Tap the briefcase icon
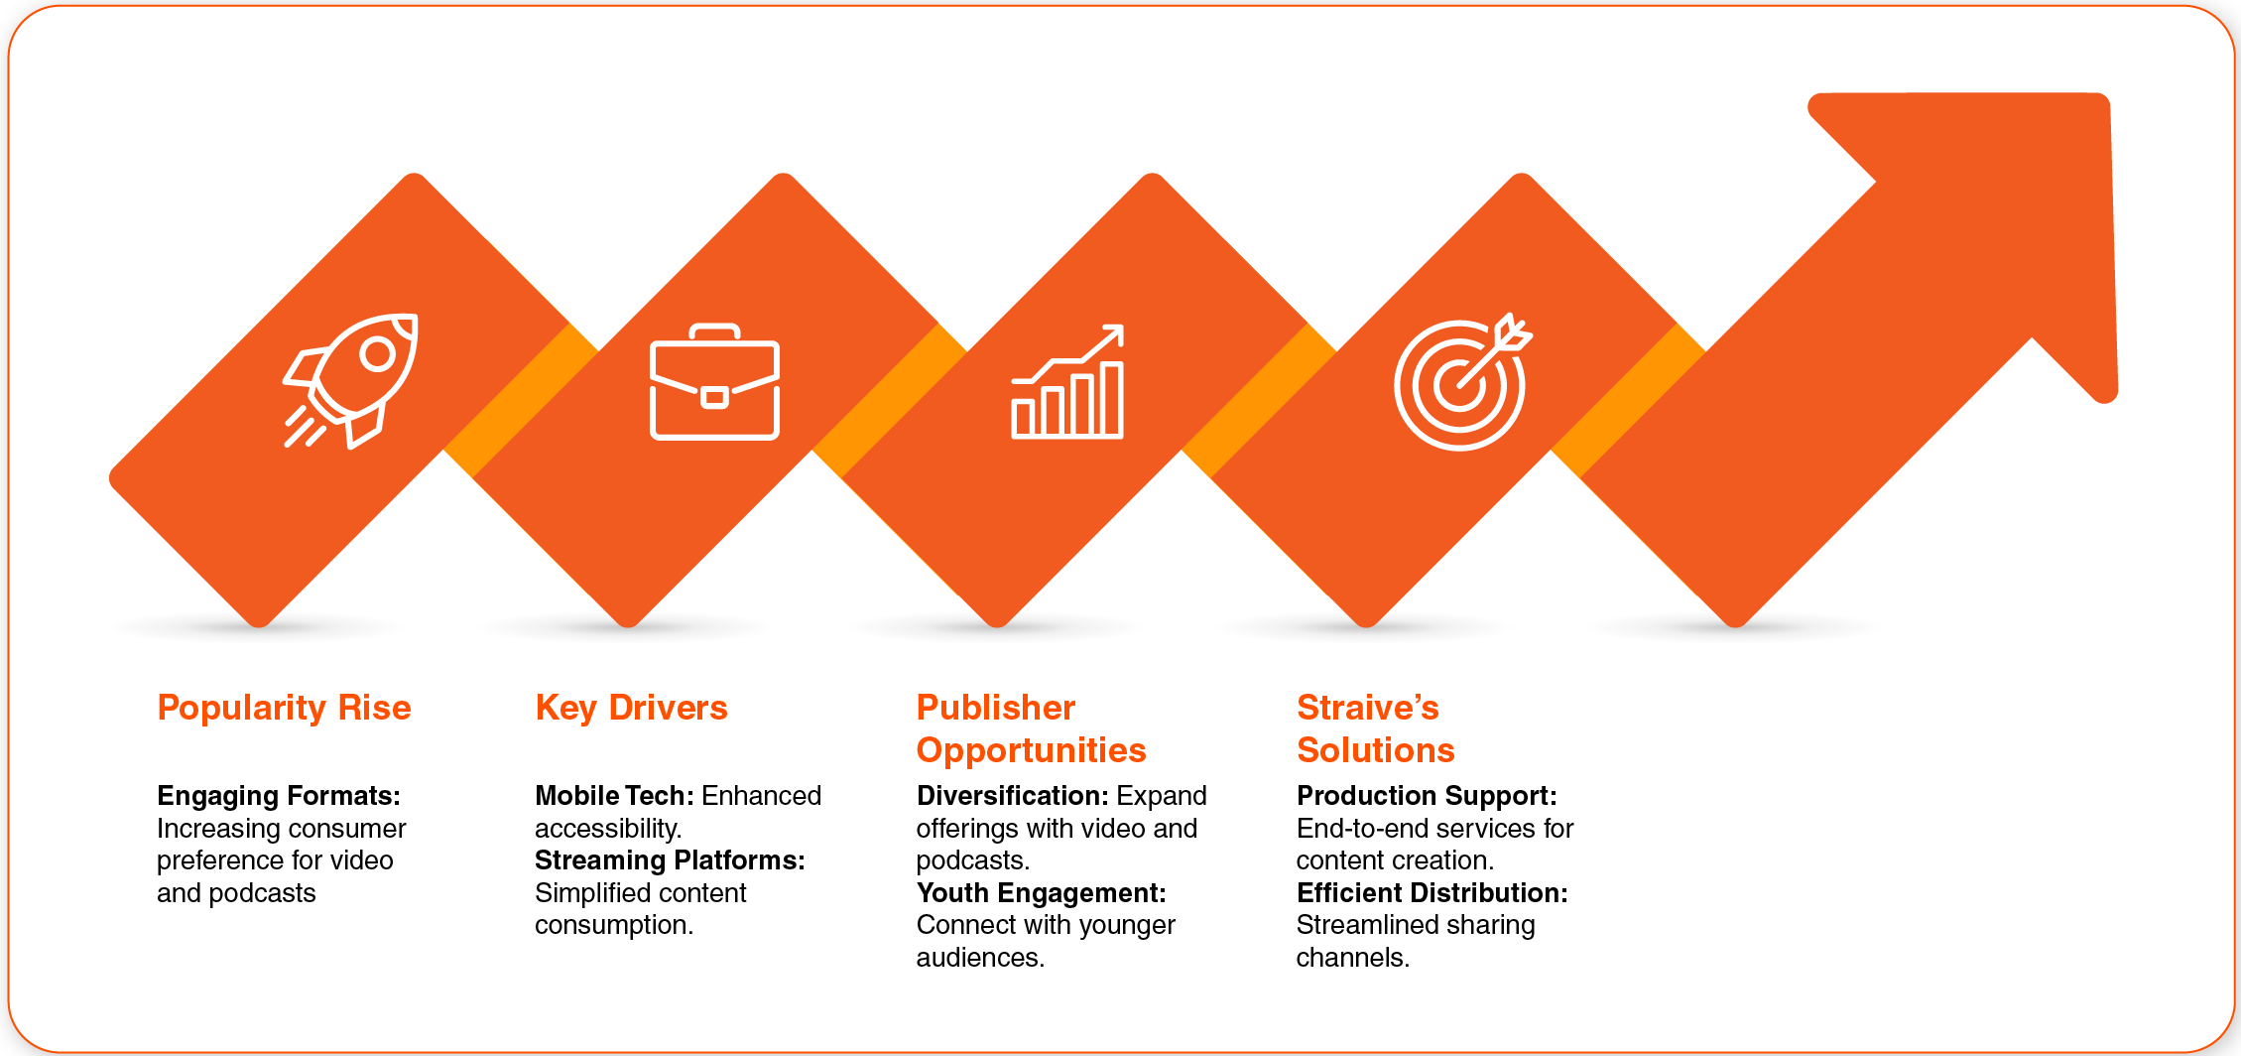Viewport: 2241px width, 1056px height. tap(714, 382)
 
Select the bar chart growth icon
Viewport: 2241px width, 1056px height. tap(1067, 381)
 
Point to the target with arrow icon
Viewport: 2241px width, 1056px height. tap(1462, 382)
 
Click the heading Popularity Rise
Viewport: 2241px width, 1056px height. tap(284, 708)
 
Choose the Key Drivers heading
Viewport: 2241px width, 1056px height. tap(631, 708)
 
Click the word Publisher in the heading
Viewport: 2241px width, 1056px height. tap(995, 708)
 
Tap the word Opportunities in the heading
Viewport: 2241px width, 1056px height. tap(1031, 750)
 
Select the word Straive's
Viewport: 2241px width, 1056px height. tap(1367, 708)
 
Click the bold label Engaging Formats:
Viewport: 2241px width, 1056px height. tap(279, 796)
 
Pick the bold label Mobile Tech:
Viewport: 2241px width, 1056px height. tap(614, 796)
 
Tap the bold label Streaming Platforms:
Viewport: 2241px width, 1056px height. tap(670, 860)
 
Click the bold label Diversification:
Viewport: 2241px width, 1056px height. tap(1012, 796)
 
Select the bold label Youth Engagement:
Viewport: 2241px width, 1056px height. tap(1041, 893)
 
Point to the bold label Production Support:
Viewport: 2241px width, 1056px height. tap(1427, 796)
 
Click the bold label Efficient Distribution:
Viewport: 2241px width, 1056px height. tap(1432, 893)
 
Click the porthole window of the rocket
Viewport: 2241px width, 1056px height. tap(378, 354)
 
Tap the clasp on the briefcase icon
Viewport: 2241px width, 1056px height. tap(714, 398)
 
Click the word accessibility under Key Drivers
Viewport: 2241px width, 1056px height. tap(607, 829)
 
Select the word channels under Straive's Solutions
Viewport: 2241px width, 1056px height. tap(1352, 958)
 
